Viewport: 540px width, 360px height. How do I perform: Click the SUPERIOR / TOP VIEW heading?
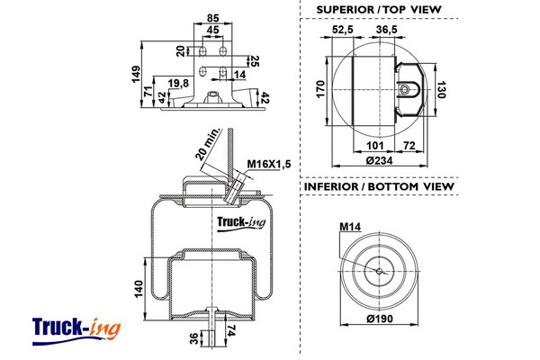pyautogui.click(x=378, y=10)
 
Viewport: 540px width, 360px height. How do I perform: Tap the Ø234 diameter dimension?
pyautogui.click(x=380, y=161)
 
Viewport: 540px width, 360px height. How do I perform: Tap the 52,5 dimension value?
pyautogui.click(x=342, y=30)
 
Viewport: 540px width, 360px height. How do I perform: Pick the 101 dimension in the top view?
pyautogui.click(x=376, y=145)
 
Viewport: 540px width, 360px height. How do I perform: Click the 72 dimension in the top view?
pyautogui.click(x=409, y=145)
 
